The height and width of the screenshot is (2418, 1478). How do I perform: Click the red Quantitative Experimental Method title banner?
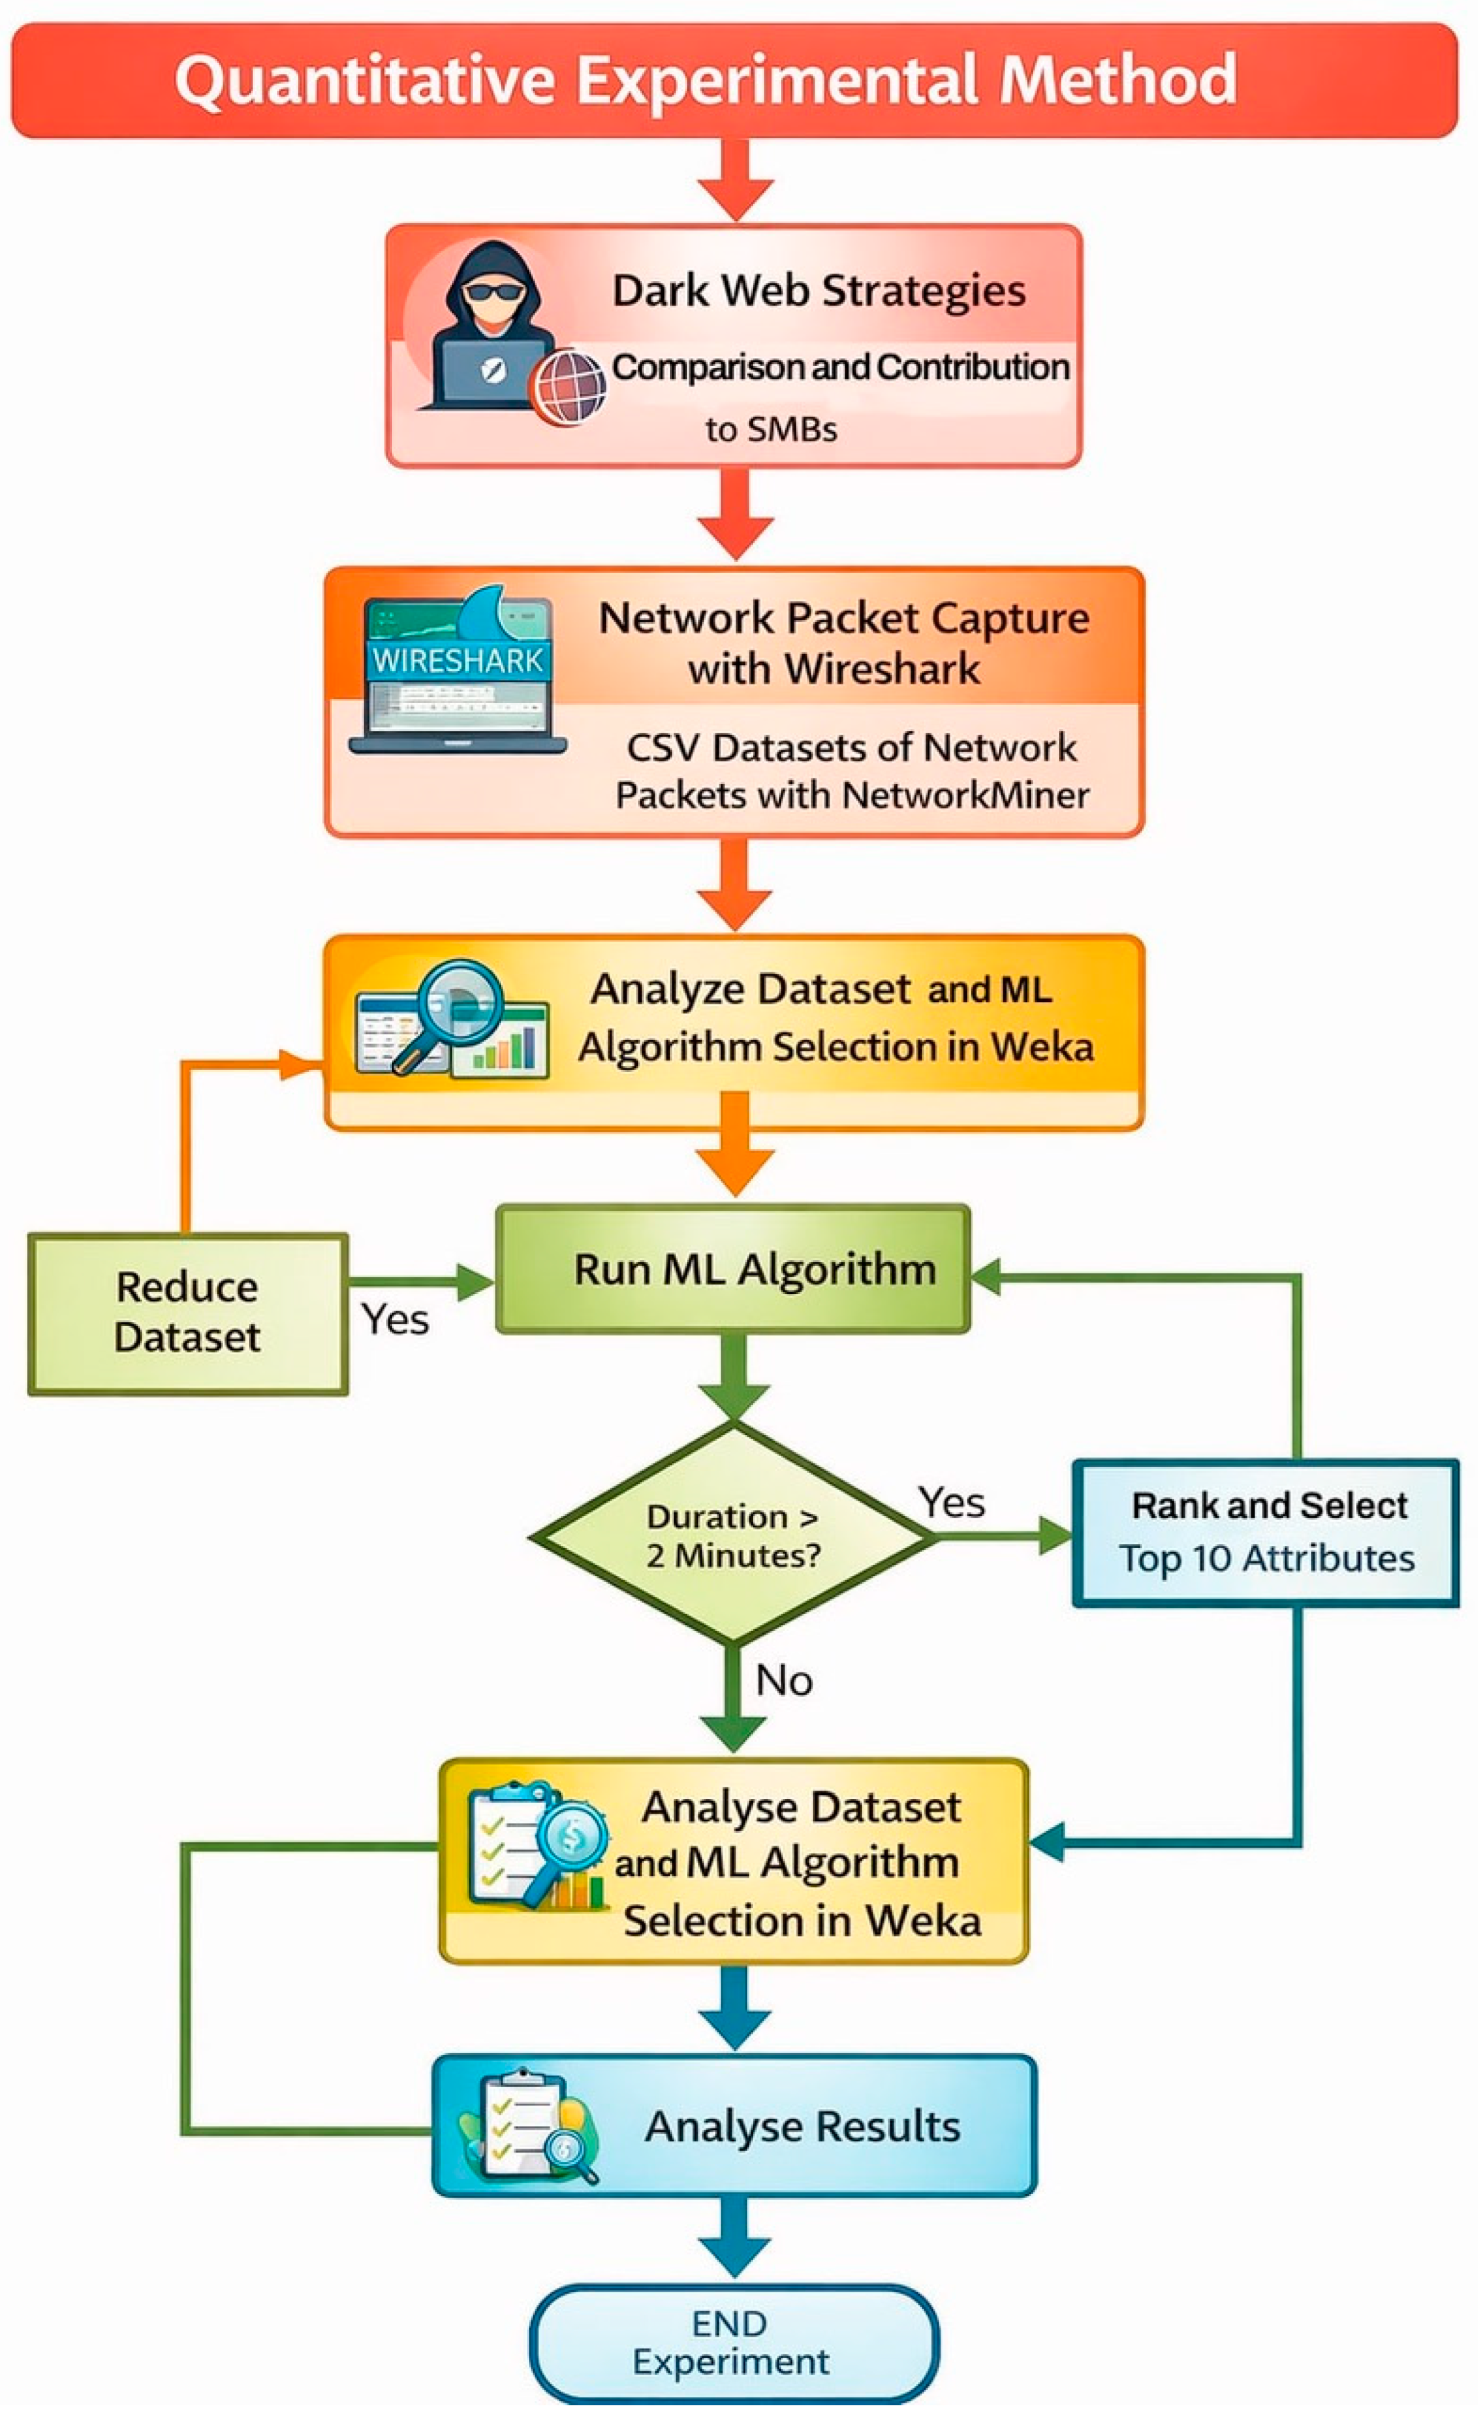click(x=734, y=80)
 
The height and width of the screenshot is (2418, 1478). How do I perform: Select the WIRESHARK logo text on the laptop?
click(x=457, y=660)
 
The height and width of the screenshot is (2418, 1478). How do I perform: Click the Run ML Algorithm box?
click(x=733, y=1269)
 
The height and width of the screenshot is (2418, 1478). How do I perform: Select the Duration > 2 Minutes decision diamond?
click(x=734, y=1536)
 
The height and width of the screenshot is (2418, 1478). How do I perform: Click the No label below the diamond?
click(x=783, y=1680)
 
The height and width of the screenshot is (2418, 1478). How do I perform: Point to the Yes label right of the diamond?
click(x=951, y=1502)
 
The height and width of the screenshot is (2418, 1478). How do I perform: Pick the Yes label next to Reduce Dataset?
click(x=395, y=1320)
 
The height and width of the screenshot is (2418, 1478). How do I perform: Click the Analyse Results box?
click(x=734, y=2125)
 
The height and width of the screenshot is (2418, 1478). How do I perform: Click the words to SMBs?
click(x=771, y=429)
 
